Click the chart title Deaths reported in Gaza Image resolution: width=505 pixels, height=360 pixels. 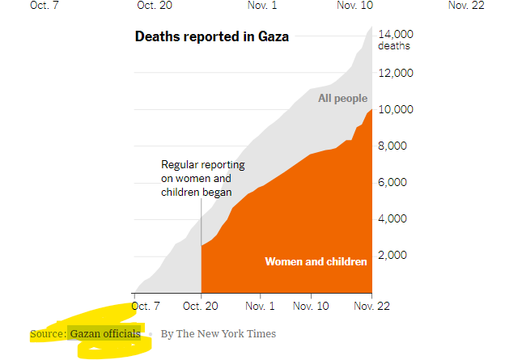tap(211, 36)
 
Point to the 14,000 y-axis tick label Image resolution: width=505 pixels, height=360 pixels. tap(397, 34)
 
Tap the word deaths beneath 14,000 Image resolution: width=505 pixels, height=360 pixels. tap(394, 46)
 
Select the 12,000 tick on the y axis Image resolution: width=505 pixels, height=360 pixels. tap(397, 73)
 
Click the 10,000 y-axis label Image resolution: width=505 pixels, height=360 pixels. tap(397, 109)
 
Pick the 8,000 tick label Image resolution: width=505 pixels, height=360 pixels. tap(399, 146)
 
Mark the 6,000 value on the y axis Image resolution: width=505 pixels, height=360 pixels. tap(399, 182)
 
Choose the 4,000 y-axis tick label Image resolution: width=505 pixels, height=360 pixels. tap(399, 218)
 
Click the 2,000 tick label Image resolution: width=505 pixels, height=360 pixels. tap(399, 255)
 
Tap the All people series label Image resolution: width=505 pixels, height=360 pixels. tap(342, 99)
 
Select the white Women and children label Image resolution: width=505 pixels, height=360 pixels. tap(316, 261)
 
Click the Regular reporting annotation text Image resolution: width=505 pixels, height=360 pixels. tap(202, 178)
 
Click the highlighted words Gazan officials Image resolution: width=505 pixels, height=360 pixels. tap(105, 333)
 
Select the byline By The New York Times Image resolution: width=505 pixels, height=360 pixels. tap(218, 333)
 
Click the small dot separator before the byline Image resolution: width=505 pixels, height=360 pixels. tap(151, 333)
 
